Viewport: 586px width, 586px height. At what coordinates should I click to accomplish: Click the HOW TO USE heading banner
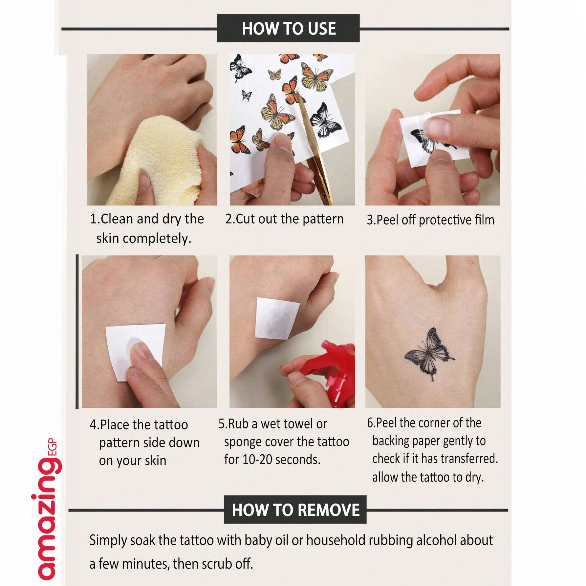point(288,28)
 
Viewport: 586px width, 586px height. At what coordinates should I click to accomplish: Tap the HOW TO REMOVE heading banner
point(295,510)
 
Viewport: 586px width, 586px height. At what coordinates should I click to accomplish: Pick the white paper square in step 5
point(278,318)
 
